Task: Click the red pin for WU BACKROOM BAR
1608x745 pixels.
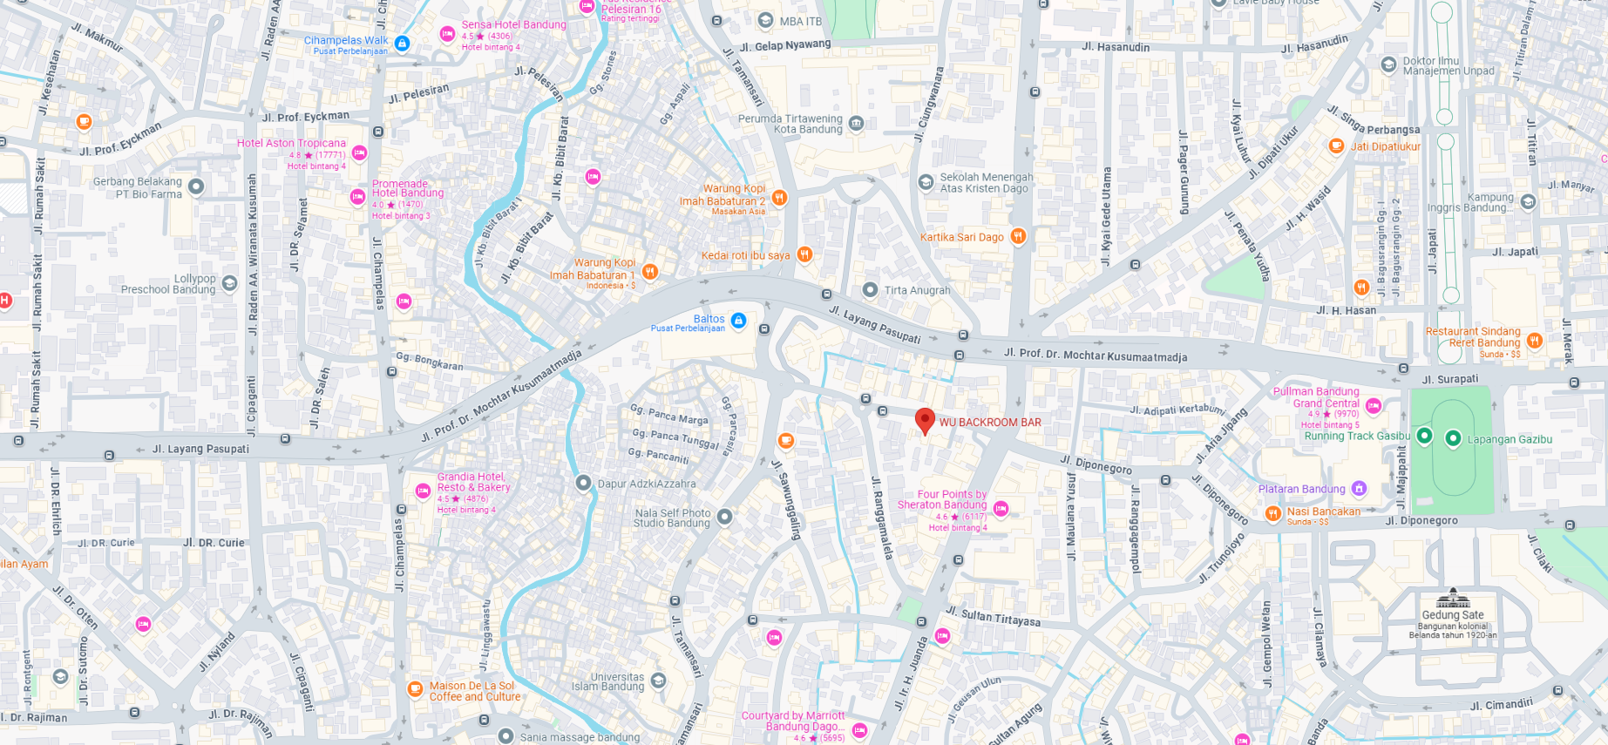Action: pyautogui.click(x=925, y=421)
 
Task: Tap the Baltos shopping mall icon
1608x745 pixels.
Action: pyautogui.click(x=738, y=321)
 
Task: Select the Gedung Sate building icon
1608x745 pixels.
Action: pyautogui.click(x=1453, y=598)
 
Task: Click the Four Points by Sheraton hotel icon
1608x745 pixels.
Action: pyautogui.click(x=1001, y=509)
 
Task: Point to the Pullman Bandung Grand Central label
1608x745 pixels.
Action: pyautogui.click(x=1316, y=397)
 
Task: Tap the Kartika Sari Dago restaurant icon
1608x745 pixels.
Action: pyautogui.click(x=1017, y=236)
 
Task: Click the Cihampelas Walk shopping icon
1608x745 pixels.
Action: pyautogui.click(x=402, y=43)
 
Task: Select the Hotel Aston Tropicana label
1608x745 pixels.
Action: pyautogui.click(x=291, y=143)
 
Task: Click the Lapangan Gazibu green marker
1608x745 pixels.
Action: pyautogui.click(x=1453, y=438)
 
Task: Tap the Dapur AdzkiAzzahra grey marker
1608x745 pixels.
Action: pyautogui.click(x=583, y=483)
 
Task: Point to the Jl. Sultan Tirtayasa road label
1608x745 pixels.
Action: pyautogui.click(x=994, y=617)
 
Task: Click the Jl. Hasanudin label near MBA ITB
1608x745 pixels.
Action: pyautogui.click(x=1116, y=47)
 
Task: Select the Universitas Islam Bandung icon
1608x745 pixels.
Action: pyautogui.click(x=659, y=681)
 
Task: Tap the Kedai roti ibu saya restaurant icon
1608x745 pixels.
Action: pyautogui.click(x=804, y=254)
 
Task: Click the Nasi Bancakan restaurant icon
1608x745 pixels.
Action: pyautogui.click(x=1272, y=513)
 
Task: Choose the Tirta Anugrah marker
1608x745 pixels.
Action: pyautogui.click(x=870, y=289)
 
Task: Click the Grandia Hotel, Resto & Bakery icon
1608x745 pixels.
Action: pyautogui.click(x=423, y=491)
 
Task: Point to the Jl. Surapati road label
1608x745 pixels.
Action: pyautogui.click(x=1450, y=379)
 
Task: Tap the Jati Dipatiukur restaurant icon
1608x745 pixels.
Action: pyautogui.click(x=1336, y=146)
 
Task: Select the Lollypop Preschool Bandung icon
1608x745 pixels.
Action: pyautogui.click(x=229, y=283)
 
